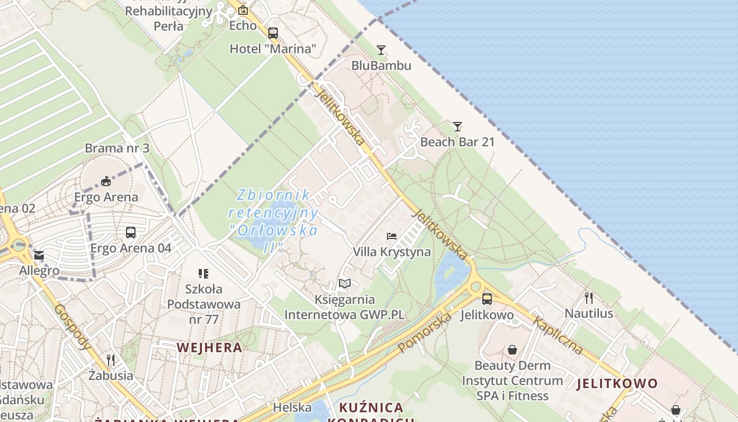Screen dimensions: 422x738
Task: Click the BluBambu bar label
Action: pyautogui.click(x=381, y=66)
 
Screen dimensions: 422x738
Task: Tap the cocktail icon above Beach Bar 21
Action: pyautogui.click(x=458, y=127)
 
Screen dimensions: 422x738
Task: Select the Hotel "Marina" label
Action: pyautogui.click(x=273, y=49)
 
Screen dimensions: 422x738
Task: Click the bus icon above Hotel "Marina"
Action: pyautogui.click(x=273, y=33)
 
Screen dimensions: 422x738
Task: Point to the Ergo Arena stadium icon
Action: pyautogui.click(x=106, y=181)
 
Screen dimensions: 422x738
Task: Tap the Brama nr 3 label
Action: pyautogui.click(x=117, y=148)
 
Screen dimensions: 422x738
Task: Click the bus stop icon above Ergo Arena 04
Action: pyautogui.click(x=131, y=232)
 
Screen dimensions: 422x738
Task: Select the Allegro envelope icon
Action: pyautogui.click(x=39, y=256)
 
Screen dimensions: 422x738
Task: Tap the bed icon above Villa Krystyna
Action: pyautogui.click(x=391, y=236)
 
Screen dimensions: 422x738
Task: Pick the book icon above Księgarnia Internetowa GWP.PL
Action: pyautogui.click(x=344, y=284)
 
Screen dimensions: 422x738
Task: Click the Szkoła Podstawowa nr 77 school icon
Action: pyautogui.click(x=203, y=273)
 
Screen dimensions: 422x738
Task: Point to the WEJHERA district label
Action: pyautogui.click(x=210, y=348)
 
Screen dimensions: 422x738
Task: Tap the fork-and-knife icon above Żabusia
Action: pyautogui.click(x=111, y=360)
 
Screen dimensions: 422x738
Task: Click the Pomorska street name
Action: pyautogui.click(x=425, y=332)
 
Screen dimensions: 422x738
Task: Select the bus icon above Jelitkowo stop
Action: pyautogui.click(x=487, y=299)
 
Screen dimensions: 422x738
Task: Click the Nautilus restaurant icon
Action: pyautogui.click(x=589, y=298)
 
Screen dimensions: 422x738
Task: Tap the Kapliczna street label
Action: pyautogui.click(x=558, y=335)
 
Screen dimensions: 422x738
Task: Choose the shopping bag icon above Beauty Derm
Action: pyautogui.click(x=512, y=350)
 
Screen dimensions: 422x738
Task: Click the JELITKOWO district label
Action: pyautogui.click(x=617, y=383)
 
